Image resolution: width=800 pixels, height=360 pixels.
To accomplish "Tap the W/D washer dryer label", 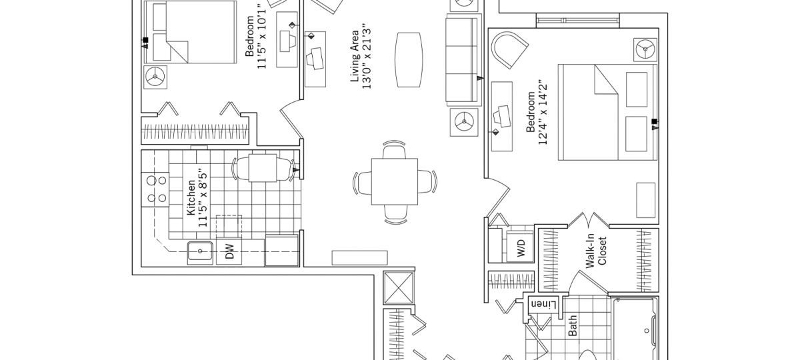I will (521, 248).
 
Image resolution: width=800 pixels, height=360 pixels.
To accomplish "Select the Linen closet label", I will (543, 305).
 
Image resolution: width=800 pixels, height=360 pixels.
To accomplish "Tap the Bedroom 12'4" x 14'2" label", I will (537, 113).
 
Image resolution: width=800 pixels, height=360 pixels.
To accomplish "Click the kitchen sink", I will (200, 251).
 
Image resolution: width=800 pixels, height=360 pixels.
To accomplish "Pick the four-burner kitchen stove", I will (154, 189).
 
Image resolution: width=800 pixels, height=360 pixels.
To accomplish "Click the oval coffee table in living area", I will (409, 59).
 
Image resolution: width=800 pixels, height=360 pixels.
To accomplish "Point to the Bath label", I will (572, 325).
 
